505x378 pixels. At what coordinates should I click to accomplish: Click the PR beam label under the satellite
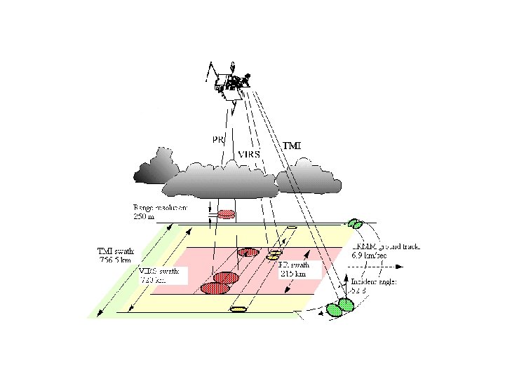click(x=217, y=139)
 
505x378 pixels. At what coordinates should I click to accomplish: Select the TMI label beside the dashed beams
click(x=292, y=145)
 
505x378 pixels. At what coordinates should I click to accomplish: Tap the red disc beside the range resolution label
click(x=227, y=213)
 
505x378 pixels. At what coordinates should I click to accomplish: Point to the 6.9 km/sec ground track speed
click(x=369, y=256)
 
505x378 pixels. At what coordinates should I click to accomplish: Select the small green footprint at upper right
click(x=356, y=224)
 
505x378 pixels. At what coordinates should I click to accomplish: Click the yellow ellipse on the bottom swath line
click(x=238, y=309)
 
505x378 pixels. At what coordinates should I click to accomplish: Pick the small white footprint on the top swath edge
click(x=292, y=228)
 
